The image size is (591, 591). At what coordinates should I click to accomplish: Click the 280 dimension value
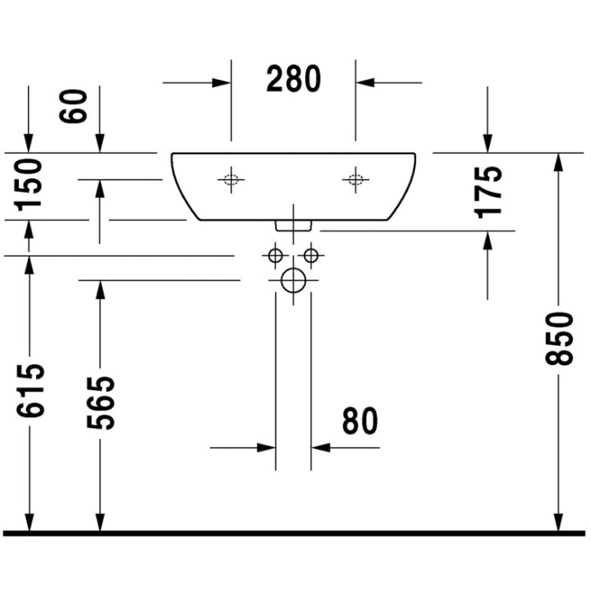click(293, 80)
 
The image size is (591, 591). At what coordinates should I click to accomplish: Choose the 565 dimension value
click(99, 403)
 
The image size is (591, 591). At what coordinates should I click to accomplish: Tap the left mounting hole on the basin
click(231, 179)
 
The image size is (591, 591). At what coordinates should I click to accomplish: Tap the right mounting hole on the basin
click(355, 179)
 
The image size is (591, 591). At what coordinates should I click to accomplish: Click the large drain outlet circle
click(293, 281)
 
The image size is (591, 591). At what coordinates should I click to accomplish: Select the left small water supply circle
click(275, 255)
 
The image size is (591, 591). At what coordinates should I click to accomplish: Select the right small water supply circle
click(311, 255)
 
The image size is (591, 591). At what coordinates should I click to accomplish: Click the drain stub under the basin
click(293, 223)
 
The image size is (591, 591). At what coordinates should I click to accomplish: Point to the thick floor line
click(295, 534)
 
